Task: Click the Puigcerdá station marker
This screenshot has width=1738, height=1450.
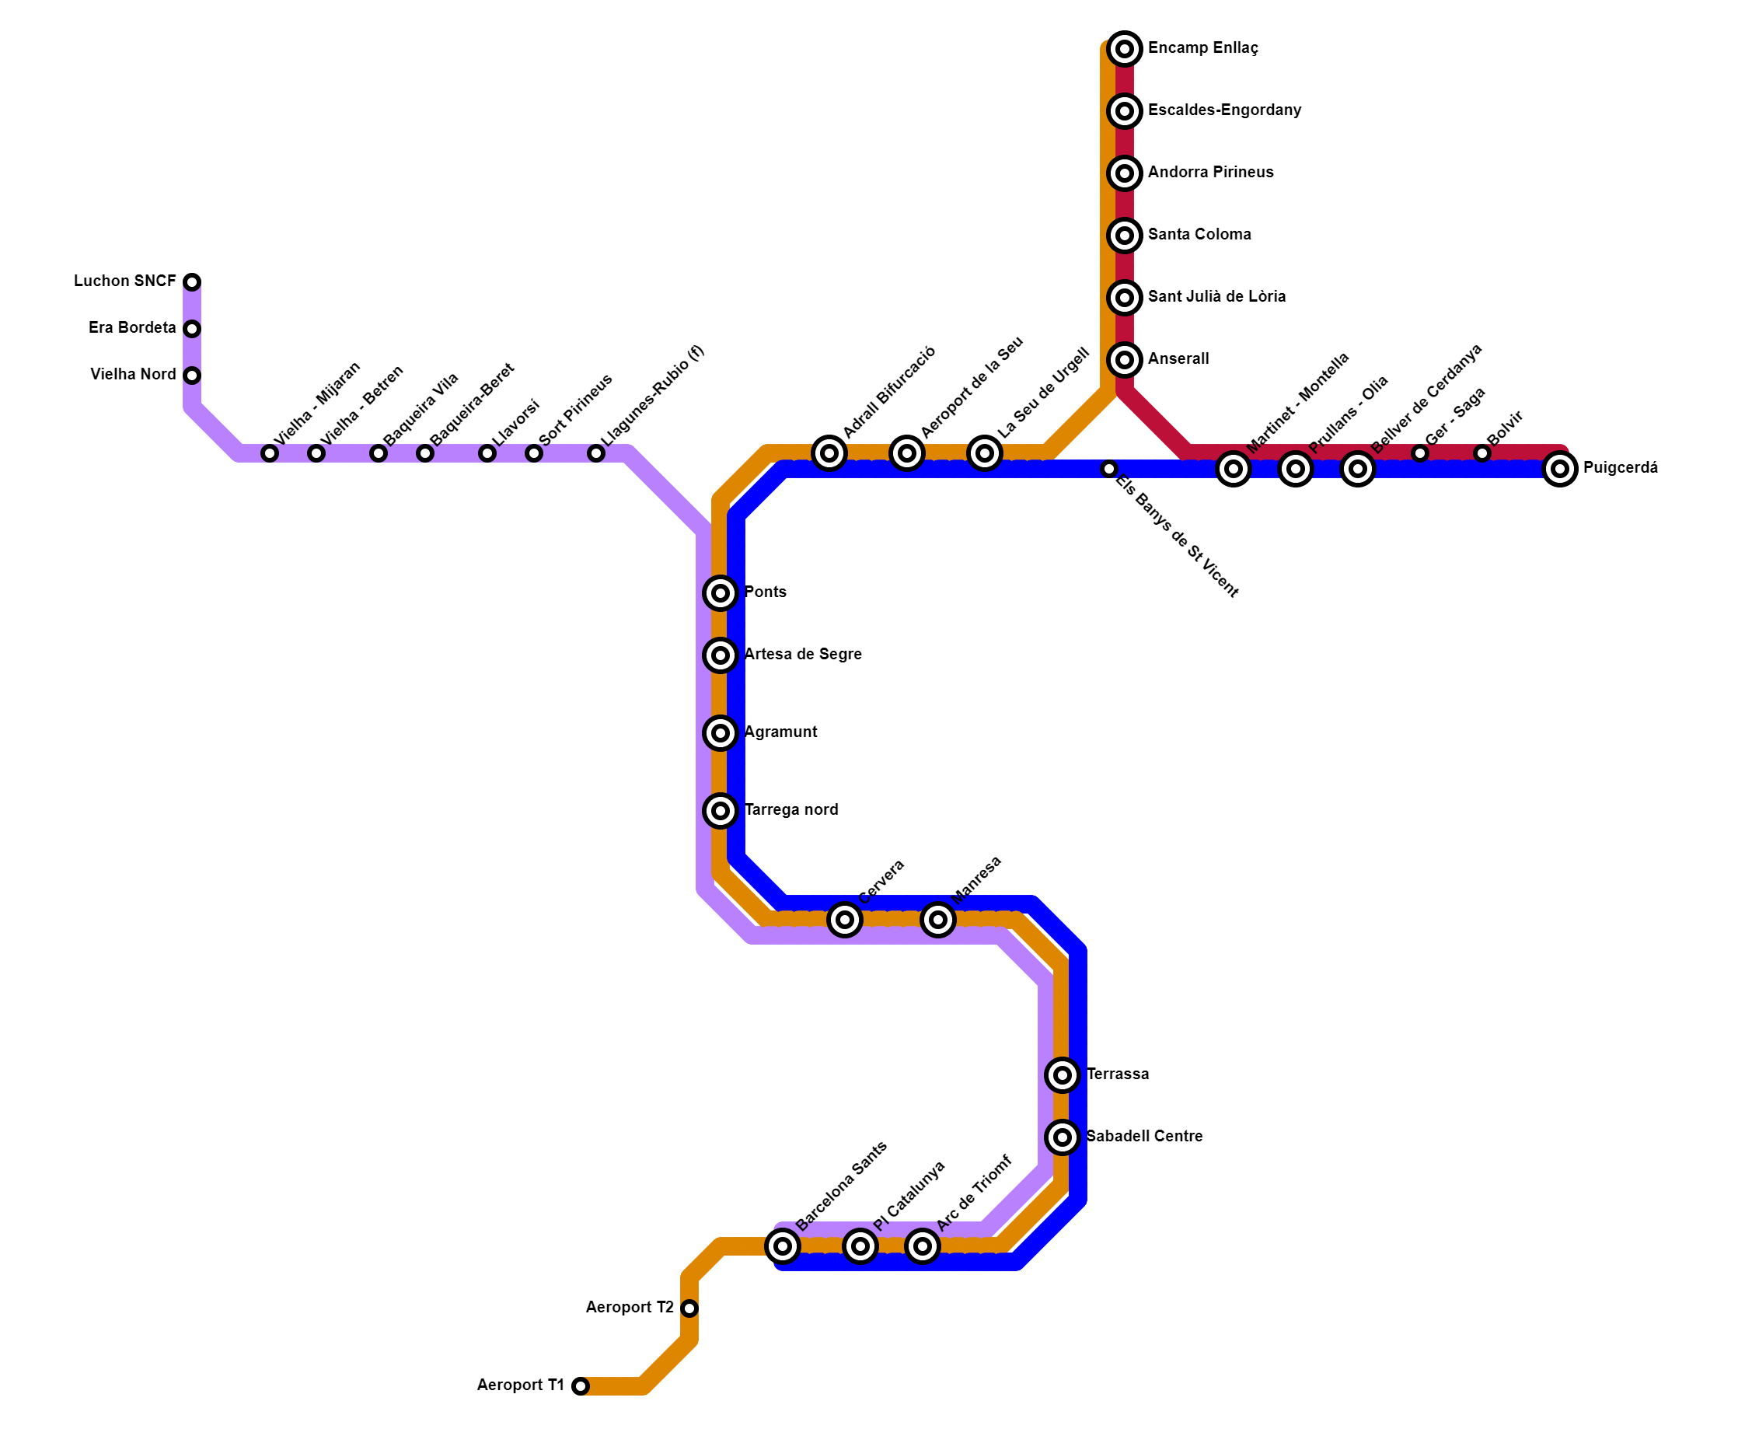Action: click(x=1559, y=470)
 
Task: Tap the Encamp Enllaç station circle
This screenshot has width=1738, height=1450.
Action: click(x=1124, y=50)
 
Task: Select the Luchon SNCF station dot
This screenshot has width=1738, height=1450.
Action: click(x=192, y=282)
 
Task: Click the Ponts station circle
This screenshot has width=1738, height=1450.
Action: click(x=721, y=592)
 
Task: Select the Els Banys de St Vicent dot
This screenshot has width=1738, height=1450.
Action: click(x=1109, y=470)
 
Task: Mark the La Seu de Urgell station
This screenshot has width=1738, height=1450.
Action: click(x=984, y=453)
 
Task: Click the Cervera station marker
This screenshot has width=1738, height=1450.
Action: click(x=844, y=920)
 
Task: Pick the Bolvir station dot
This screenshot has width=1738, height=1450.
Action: click(x=1481, y=453)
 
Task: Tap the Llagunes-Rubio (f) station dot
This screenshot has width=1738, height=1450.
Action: click(x=596, y=453)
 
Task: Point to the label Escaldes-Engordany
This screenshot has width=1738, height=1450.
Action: click(x=1224, y=110)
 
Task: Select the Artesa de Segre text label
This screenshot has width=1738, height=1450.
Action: click(x=803, y=655)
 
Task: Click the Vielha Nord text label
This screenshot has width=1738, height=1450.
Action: click(x=133, y=375)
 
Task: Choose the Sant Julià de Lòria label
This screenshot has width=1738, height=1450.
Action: click(x=1216, y=296)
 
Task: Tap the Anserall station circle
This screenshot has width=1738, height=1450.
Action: click(x=1124, y=360)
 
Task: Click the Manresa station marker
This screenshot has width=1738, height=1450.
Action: click(x=937, y=920)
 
